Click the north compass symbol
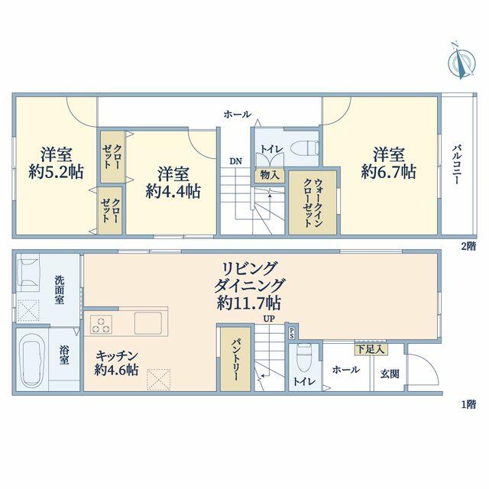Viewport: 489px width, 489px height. tap(461, 62)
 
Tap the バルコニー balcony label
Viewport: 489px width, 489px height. tap(458, 164)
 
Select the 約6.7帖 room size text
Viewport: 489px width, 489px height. tap(389, 172)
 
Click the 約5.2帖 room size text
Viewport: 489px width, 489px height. tap(56, 172)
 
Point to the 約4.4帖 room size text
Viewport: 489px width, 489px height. tap(173, 191)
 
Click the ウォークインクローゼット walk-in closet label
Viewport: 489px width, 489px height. tap(313, 202)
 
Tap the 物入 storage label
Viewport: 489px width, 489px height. tap(270, 175)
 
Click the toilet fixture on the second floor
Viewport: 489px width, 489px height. tap(304, 148)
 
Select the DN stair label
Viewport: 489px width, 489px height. tap(236, 161)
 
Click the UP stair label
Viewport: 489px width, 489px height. tap(269, 319)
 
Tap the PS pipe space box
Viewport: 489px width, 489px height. tap(292, 333)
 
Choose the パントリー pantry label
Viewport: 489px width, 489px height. tap(236, 360)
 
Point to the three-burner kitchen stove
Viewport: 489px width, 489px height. tap(101, 324)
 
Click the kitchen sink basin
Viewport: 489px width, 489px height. tap(148, 323)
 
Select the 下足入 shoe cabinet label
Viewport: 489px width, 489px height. tap(371, 349)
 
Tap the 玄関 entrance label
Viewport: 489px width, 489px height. tap(390, 374)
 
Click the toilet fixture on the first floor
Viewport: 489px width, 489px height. tap(304, 358)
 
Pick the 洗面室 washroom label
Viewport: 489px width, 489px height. tap(60, 290)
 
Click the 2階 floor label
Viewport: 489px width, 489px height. tap(468, 246)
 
